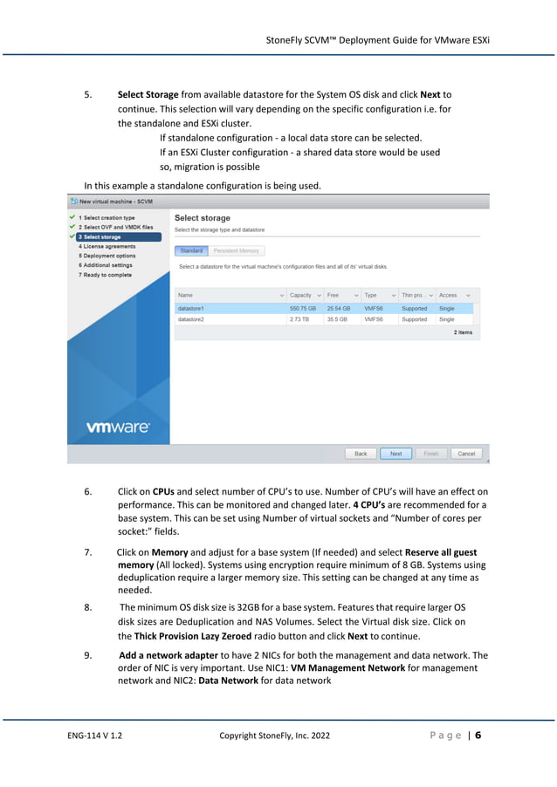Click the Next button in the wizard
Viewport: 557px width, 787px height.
tap(395, 454)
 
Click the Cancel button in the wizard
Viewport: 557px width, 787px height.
tap(466, 454)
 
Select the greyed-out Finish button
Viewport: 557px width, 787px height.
tap(431, 454)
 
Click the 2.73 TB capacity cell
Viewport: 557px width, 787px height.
tap(299, 319)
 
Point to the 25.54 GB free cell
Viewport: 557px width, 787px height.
tap(339, 308)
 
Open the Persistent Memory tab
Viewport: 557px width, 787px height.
tap(237, 250)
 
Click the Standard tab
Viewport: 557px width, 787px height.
tap(191, 250)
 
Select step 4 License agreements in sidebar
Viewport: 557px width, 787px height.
tap(107, 246)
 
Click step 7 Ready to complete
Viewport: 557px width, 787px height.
tap(105, 275)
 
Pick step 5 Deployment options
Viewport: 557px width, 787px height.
tap(107, 256)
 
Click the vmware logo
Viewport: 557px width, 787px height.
tap(118, 428)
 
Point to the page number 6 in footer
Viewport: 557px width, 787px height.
tap(478, 735)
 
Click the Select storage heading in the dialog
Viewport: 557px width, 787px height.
tap(203, 217)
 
